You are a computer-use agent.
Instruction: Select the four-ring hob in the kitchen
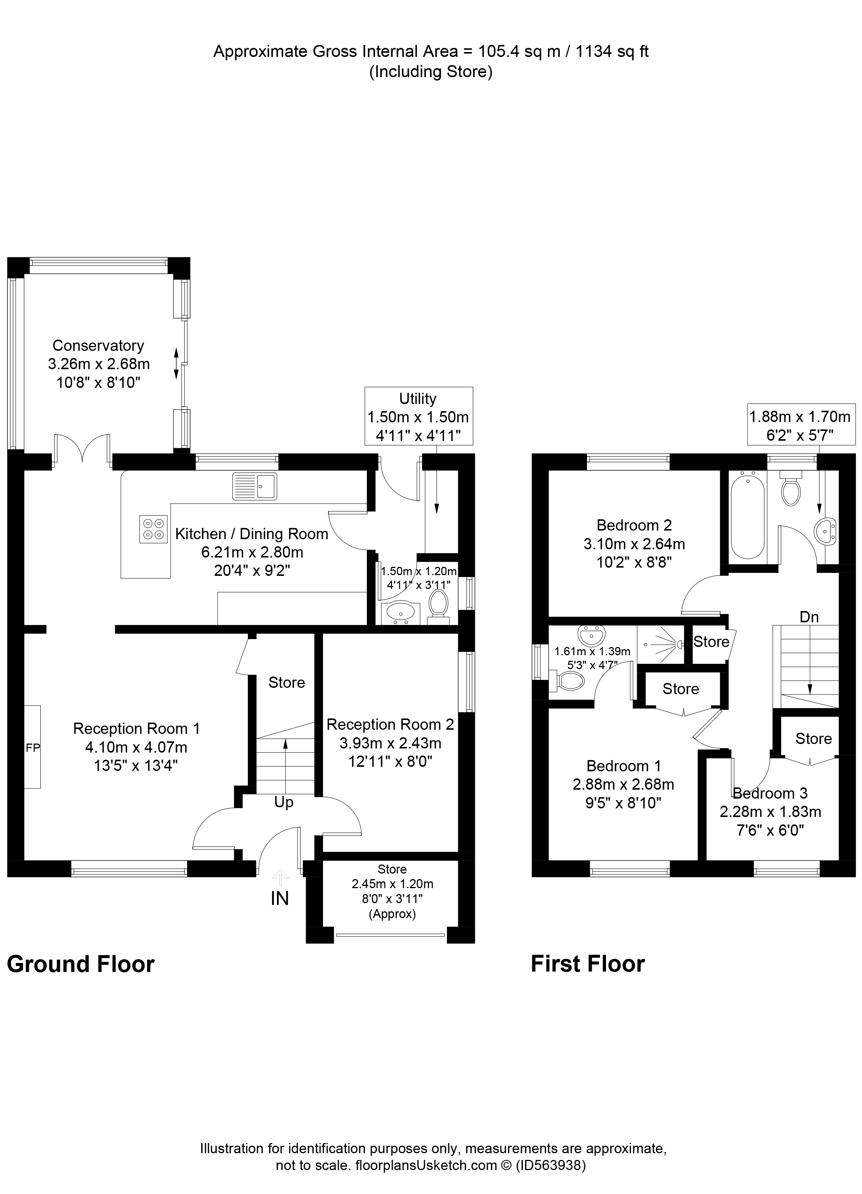pos(153,529)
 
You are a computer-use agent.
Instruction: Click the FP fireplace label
pos(33,748)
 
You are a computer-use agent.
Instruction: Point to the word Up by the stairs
pos(284,803)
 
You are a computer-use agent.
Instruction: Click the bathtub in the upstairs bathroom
pos(747,517)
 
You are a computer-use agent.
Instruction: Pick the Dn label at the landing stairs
pos(809,617)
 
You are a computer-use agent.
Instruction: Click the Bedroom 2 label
pos(634,525)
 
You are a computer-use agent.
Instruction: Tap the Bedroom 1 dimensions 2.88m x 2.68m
pos(623,784)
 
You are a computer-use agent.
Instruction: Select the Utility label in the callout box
pos(418,398)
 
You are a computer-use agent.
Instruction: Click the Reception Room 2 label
pos(390,724)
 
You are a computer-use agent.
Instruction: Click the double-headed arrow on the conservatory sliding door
pos(176,363)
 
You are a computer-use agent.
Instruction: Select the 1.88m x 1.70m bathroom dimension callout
pos(799,417)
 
